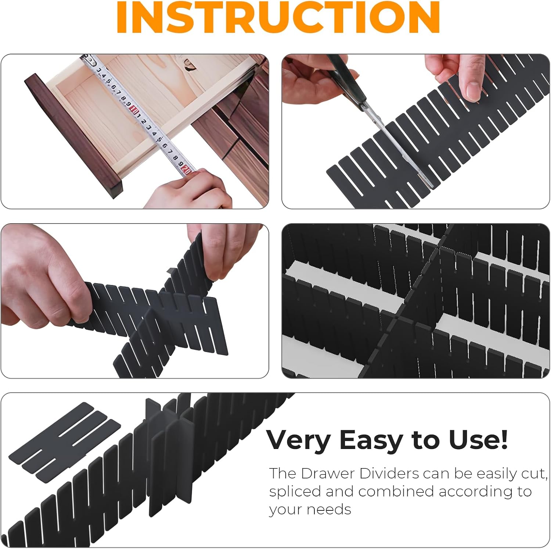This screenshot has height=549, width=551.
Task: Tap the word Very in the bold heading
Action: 298,440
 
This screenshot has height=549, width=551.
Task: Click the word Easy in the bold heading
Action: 371,440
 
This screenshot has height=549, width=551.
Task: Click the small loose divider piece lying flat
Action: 65,442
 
